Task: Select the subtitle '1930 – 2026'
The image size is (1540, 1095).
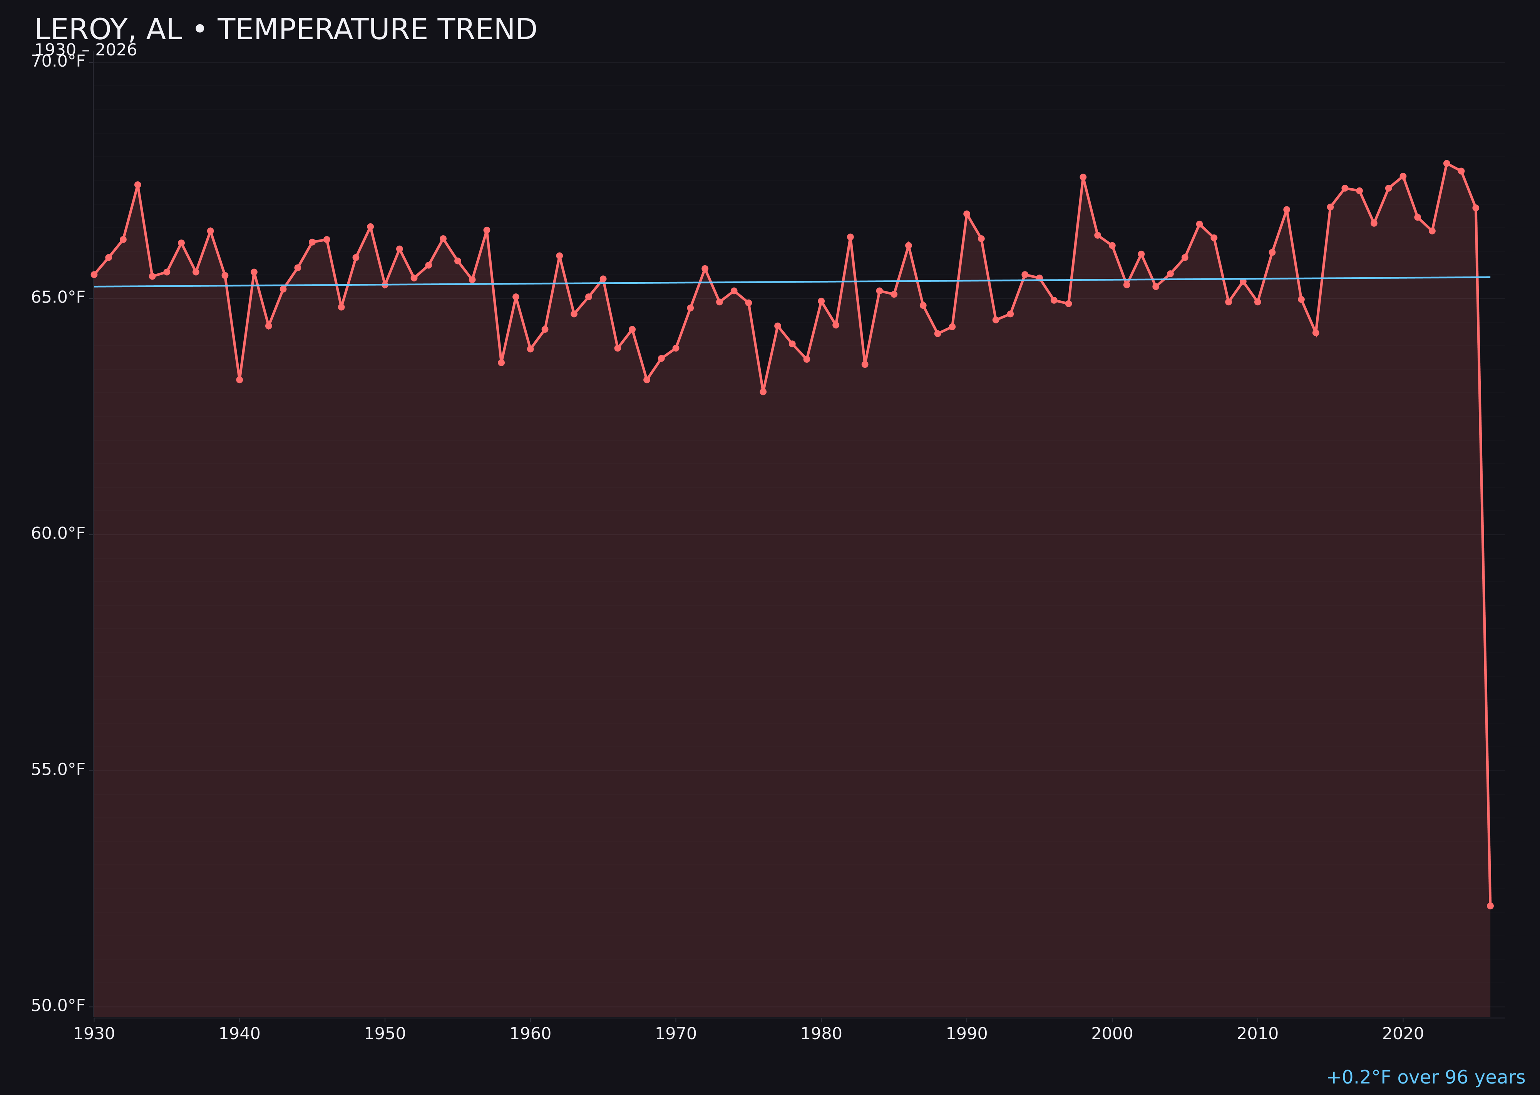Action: pyautogui.click(x=85, y=50)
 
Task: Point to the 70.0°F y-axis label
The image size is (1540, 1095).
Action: pyautogui.click(x=58, y=61)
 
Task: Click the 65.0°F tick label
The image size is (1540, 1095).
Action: pyautogui.click(x=58, y=297)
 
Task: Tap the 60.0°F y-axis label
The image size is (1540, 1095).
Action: pyautogui.click(x=58, y=533)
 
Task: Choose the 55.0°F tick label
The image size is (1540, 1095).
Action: pyautogui.click(x=58, y=769)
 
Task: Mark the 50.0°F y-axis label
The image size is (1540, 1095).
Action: pyautogui.click(x=58, y=1005)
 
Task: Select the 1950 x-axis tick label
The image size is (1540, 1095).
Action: pyautogui.click(x=385, y=1034)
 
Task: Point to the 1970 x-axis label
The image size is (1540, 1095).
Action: pyautogui.click(x=676, y=1034)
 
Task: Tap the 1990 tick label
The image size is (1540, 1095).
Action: pyautogui.click(x=966, y=1034)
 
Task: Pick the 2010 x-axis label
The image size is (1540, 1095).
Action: pyautogui.click(x=1257, y=1034)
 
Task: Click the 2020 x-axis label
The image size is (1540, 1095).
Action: pyautogui.click(x=1403, y=1034)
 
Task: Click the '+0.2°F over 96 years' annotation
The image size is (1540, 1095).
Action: pyautogui.click(x=1425, y=1077)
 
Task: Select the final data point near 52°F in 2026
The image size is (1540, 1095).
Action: pyautogui.click(x=1490, y=906)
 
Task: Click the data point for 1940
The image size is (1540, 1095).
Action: pyautogui.click(x=239, y=380)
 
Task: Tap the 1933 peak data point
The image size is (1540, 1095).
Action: pyautogui.click(x=137, y=185)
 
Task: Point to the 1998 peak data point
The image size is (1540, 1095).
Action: pyautogui.click(x=1083, y=177)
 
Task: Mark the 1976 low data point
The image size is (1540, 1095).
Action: pyautogui.click(x=763, y=392)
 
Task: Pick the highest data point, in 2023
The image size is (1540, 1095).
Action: pyautogui.click(x=1446, y=163)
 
